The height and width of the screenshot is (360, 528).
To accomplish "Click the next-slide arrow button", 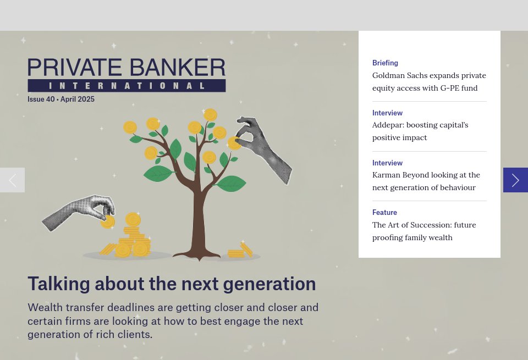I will tap(515, 180).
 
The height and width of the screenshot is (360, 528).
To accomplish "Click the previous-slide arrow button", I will tap(12, 180).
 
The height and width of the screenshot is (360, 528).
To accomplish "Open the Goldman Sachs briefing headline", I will tap(429, 81).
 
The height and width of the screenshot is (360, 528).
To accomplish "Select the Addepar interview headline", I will tap(420, 131).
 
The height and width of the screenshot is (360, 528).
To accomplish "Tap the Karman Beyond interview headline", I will tap(426, 181).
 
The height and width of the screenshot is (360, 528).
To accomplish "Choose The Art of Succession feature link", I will tap(424, 231).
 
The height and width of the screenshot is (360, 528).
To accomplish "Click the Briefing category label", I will tap(385, 63).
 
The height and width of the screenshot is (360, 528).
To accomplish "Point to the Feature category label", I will tap(384, 212).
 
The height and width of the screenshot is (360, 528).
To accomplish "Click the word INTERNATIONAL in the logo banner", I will tap(127, 86).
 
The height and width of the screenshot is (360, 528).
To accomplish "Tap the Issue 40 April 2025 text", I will tap(61, 99).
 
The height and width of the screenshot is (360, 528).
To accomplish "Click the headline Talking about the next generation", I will tap(172, 284).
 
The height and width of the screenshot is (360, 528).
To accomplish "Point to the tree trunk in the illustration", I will tap(195, 220).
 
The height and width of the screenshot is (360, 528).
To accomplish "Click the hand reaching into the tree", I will tap(264, 148).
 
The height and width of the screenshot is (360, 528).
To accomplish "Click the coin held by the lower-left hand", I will tap(108, 221).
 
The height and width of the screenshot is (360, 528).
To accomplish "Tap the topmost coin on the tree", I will tap(210, 115).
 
